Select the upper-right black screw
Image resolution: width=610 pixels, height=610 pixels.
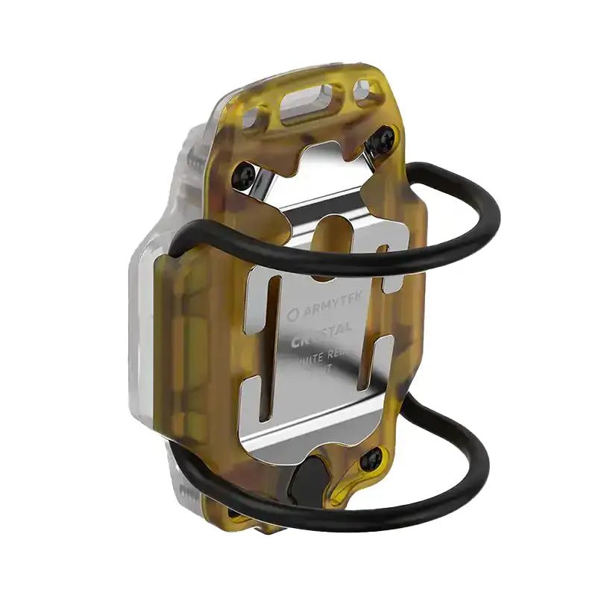(385, 138)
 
